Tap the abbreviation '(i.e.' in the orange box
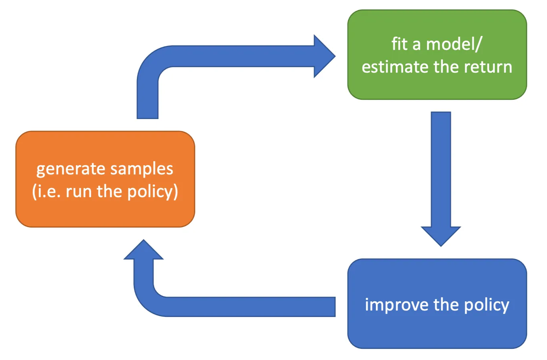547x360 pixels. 47,192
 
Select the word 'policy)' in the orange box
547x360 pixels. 152,192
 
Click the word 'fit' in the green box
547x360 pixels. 399,44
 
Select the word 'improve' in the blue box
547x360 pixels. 397,305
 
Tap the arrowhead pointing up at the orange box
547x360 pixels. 144,251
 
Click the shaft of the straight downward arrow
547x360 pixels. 441,168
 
